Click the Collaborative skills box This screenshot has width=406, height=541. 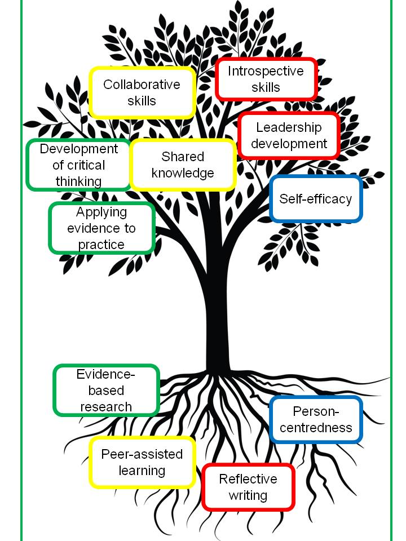tap(142, 92)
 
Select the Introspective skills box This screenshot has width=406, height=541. tap(266, 79)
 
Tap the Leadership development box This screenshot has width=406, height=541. tap(289, 136)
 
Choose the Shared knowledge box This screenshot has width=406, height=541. tap(183, 165)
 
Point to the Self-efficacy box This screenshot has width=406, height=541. tap(316, 199)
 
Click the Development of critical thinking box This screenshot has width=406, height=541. tap(78, 165)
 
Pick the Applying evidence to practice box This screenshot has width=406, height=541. tap(101, 228)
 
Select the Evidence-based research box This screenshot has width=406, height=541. tap(106, 390)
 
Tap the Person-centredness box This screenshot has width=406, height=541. tap(316, 419)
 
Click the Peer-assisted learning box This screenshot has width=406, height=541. tap(142, 462)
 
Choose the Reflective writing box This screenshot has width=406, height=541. tap(248, 487)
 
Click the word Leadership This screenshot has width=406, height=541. tap(289, 128)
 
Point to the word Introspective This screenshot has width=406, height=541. tap(266, 71)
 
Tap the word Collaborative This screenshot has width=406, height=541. tap(142, 85)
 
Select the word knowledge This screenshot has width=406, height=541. tap(183, 172)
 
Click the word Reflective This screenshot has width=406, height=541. tap(248, 479)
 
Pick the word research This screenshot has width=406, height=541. tap(106, 406)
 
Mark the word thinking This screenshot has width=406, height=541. tap(78, 181)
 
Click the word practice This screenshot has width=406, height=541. tap(101, 245)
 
